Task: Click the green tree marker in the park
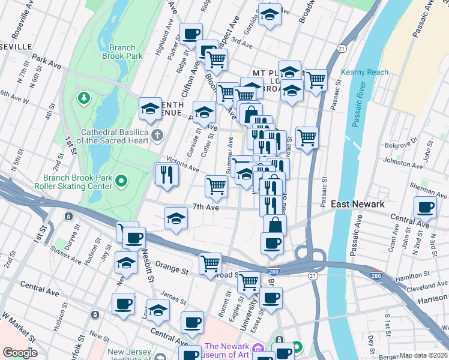83,97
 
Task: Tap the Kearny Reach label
364,72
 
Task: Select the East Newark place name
358,204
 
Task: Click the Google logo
19,353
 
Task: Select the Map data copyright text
423,355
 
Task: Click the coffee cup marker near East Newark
425,208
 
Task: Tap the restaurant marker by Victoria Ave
166,174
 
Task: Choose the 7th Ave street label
206,207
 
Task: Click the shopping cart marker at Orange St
210,263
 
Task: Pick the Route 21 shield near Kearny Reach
341,48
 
